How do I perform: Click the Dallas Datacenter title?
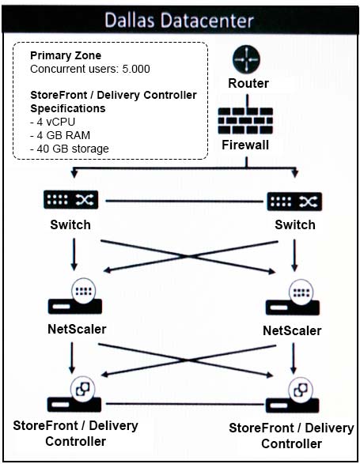(x=180, y=21)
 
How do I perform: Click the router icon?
(x=246, y=59)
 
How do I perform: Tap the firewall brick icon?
(x=245, y=121)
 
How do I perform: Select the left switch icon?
(x=71, y=200)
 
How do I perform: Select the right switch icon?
(x=294, y=202)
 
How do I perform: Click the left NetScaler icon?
(x=75, y=296)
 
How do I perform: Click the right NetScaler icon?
(x=293, y=297)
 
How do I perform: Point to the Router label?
(x=248, y=83)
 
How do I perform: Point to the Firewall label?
(x=245, y=145)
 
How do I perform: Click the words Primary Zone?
(x=66, y=55)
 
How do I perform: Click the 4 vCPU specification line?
(x=53, y=122)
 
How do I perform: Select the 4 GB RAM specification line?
(x=60, y=135)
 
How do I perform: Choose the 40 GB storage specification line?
(x=70, y=149)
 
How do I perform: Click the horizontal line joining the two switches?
(x=184, y=202)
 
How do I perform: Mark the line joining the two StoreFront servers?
(x=185, y=404)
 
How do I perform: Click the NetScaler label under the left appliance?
(x=77, y=329)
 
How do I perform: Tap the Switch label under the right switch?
(x=295, y=225)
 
